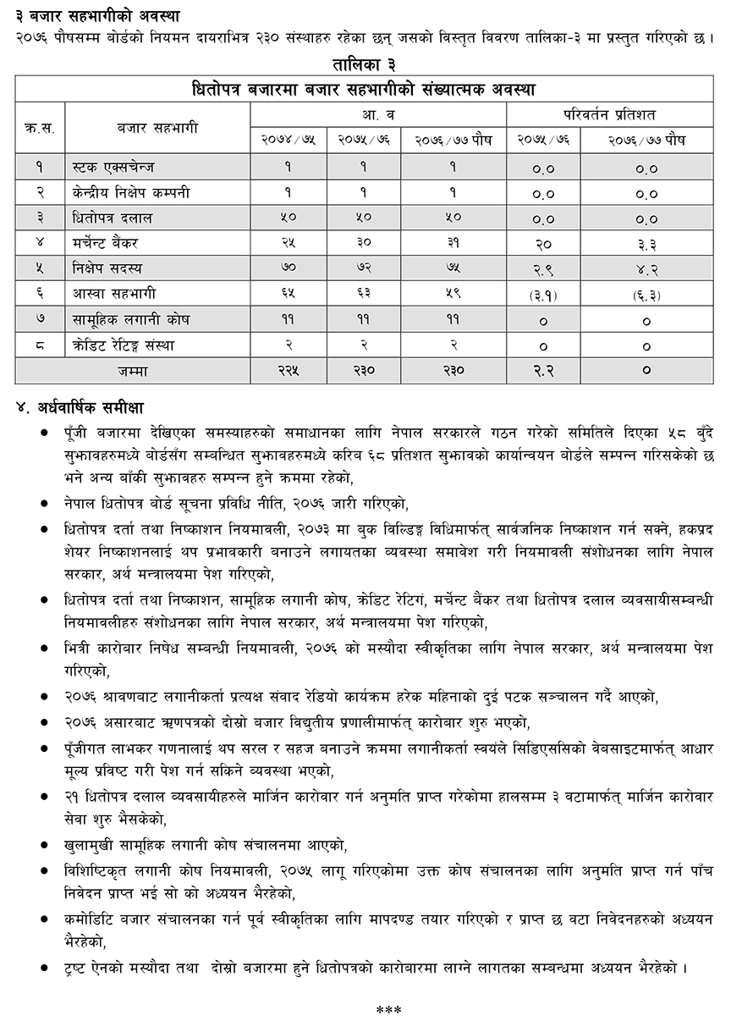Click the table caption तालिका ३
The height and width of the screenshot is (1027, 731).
(x=365, y=64)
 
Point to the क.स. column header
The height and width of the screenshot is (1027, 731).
(x=40, y=128)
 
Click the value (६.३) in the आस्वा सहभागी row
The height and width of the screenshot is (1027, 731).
(x=646, y=295)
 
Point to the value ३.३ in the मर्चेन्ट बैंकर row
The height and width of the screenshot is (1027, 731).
(x=646, y=244)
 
